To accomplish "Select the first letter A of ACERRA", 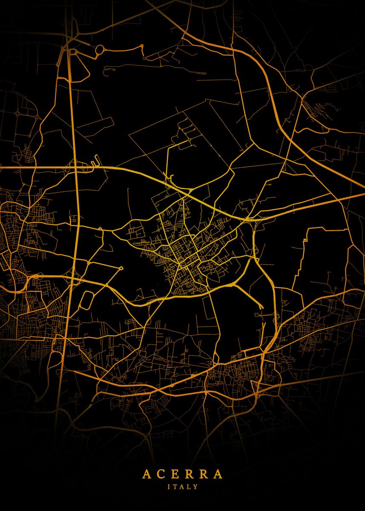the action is coord(146,474).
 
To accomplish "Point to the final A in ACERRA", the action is coord(218,474).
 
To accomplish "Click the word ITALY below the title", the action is coord(182,486).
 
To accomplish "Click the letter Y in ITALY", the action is coord(196,486).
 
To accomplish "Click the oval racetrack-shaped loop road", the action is coord(86,300).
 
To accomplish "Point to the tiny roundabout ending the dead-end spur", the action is coord(121,268).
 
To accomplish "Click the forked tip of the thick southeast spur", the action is coord(261,307).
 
